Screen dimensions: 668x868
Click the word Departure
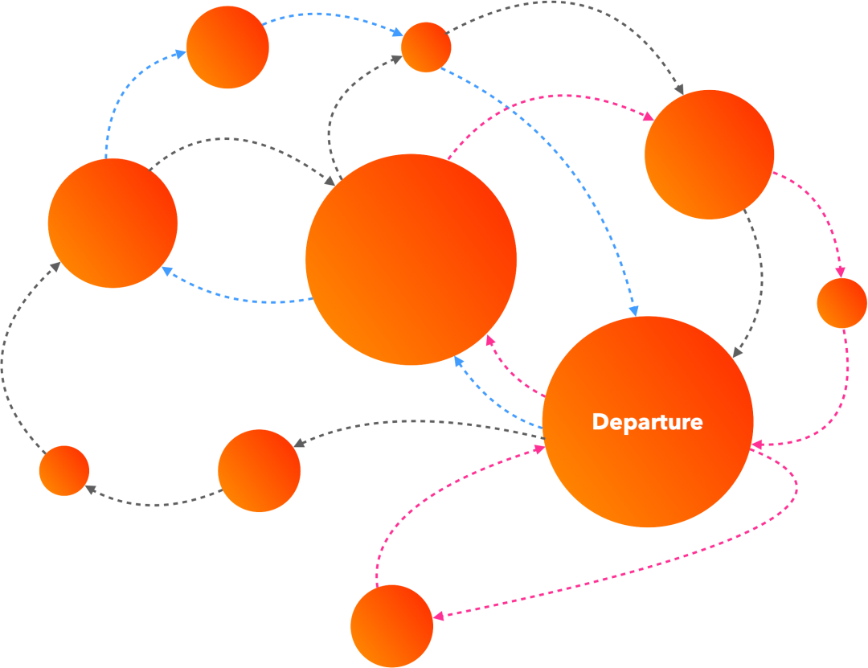pyautogui.click(x=647, y=422)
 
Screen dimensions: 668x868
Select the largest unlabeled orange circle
pyautogui.click(x=411, y=259)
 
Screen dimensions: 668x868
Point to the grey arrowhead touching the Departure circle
pyautogui.click(x=736, y=353)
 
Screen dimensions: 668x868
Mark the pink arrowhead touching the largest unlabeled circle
pyautogui.click(x=489, y=339)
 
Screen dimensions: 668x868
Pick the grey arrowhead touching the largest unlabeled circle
pyautogui.click(x=330, y=182)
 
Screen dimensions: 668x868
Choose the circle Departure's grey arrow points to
pyautogui.click(x=259, y=470)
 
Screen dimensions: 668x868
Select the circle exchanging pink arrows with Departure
pyautogui.click(x=391, y=626)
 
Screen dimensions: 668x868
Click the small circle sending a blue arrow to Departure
pyautogui.click(x=425, y=47)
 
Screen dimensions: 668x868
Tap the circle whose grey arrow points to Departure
pyautogui.click(x=709, y=154)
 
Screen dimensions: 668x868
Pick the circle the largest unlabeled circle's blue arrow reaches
pyautogui.click(x=113, y=223)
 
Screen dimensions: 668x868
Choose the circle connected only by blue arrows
pyautogui.click(x=227, y=47)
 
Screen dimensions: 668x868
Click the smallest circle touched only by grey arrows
pyautogui.click(x=64, y=470)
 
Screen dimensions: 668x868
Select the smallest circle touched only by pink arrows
pyautogui.click(x=841, y=303)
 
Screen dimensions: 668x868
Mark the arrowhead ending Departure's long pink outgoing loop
pyautogui.click(x=439, y=617)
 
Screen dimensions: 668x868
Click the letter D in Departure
pyautogui.click(x=599, y=422)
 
